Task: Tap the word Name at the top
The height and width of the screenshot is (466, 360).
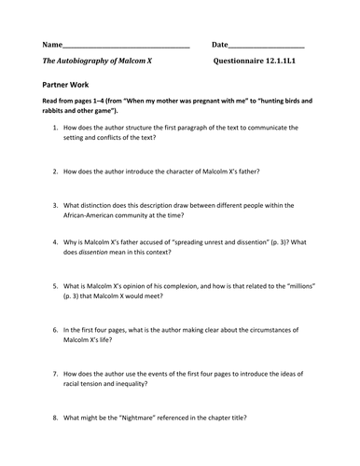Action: tap(53, 45)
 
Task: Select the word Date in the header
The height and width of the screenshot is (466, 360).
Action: tap(219, 45)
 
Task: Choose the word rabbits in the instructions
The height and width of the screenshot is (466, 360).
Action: tap(55, 109)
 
